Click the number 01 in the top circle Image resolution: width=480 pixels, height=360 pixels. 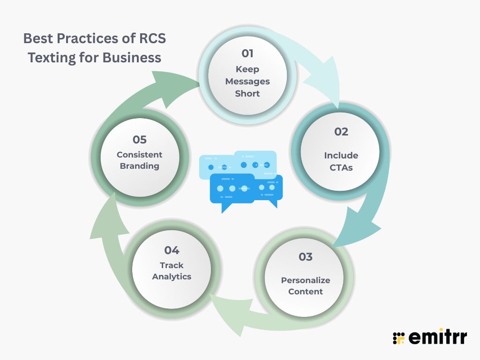247,53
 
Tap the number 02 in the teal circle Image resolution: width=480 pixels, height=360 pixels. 341,132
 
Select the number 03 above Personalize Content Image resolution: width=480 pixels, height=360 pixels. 305,257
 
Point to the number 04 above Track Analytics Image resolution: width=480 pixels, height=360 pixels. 172,250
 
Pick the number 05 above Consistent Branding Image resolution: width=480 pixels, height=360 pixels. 139,140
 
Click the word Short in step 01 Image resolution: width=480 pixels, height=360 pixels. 247,93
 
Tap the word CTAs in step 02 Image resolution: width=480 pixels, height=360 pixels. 341,167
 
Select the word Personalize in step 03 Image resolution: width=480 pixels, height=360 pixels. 306,280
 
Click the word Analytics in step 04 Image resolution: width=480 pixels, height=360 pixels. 172,277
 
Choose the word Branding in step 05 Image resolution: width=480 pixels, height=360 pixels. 139,166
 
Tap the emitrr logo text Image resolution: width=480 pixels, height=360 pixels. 437,337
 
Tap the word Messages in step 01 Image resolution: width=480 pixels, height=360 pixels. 247,81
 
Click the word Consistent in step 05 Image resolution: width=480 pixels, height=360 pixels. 139,155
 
